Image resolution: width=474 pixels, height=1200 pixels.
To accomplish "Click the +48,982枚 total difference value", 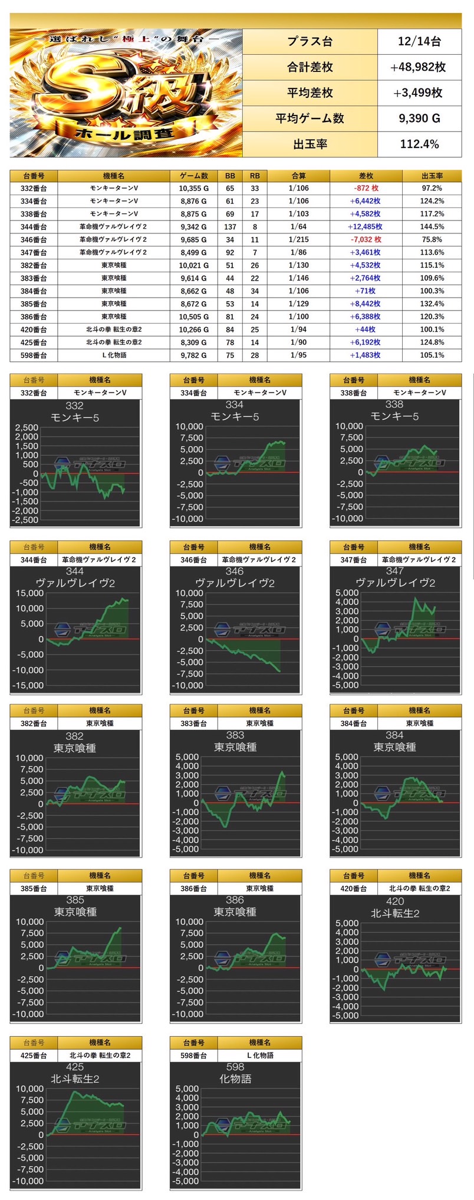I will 419,67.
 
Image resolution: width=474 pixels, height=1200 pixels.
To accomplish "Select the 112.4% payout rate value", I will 419,144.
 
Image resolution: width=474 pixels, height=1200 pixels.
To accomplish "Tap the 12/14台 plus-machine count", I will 419,41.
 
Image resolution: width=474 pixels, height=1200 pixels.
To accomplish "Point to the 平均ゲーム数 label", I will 310,118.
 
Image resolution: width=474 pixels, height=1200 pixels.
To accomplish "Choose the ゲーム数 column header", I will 193,176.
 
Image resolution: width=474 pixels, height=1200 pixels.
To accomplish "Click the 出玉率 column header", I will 432,176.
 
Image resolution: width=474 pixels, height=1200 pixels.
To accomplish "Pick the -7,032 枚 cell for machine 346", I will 366,240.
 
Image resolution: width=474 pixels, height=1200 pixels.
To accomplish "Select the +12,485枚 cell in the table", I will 365,227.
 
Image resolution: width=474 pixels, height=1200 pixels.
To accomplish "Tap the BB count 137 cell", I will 230,227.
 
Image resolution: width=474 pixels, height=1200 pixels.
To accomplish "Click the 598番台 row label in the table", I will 34,355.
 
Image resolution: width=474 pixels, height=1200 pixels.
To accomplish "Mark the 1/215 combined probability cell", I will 298,240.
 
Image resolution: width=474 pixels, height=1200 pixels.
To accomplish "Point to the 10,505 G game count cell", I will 193,317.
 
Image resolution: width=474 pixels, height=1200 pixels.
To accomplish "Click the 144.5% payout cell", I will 432,227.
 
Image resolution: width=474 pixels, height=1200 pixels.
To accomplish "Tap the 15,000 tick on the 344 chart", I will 29,593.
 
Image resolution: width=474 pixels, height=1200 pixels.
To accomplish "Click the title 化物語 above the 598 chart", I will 235,1079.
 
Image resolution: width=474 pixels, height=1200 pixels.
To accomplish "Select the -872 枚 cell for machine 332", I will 366,189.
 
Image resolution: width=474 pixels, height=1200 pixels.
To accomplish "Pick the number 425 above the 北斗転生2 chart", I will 75,1067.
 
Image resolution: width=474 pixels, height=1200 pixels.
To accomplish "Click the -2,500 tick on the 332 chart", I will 26,520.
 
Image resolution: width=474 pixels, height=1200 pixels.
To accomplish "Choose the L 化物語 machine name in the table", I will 114,355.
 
